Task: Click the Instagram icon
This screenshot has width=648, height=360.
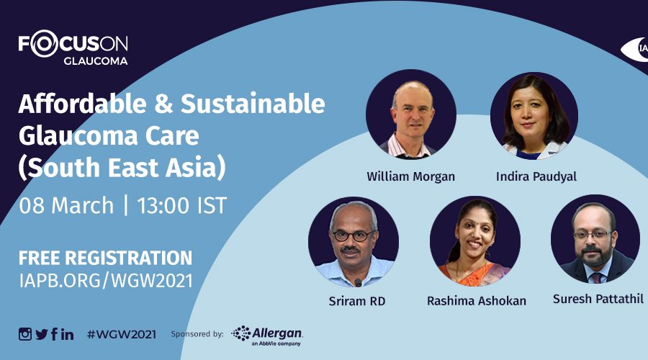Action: [x=24, y=334]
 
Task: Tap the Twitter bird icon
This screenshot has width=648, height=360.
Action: [x=41, y=334]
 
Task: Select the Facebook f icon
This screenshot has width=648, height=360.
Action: [x=54, y=334]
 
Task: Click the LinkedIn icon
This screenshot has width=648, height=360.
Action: [x=68, y=334]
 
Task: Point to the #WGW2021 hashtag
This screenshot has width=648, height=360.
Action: [x=122, y=334]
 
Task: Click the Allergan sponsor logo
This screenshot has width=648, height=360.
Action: [x=267, y=336]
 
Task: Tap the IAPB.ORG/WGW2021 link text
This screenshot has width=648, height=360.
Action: [x=106, y=281]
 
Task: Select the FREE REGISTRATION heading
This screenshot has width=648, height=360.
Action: [x=105, y=258]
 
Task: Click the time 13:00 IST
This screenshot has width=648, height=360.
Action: [x=182, y=205]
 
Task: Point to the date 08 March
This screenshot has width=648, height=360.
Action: [x=66, y=205]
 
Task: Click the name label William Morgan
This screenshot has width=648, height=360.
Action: [x=411, y=177]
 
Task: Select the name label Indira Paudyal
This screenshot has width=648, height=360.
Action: [x=536, y=177]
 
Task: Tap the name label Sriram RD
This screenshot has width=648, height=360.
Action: [x=357, y=301]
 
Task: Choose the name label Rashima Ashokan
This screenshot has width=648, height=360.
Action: [x=477, y=301]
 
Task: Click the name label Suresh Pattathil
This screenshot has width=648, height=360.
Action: [x=598, y=299]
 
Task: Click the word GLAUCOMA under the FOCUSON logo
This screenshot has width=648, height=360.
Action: [x=96, y=60]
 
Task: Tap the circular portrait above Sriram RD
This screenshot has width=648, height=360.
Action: [x=354, y=242]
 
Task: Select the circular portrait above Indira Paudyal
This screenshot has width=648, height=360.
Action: [x=534, y=116]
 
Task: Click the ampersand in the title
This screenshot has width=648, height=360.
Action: [x=163, y=104]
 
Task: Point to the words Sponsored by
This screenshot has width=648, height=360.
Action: [x=197, y=334]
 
